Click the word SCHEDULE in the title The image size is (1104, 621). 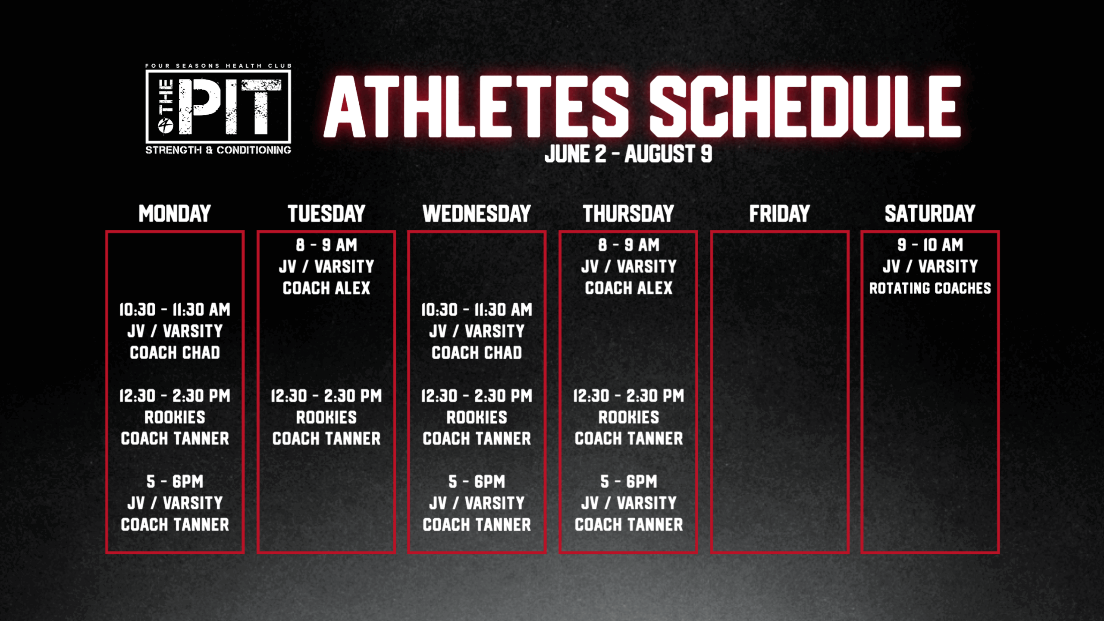805,107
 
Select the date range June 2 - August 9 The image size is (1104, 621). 628,154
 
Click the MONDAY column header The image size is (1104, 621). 175,213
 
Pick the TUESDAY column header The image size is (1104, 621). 326,213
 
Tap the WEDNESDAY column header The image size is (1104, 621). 477,213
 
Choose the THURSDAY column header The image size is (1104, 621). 628,213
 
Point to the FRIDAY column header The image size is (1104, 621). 779,213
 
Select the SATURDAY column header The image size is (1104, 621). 930,213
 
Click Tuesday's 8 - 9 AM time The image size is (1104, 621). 326,245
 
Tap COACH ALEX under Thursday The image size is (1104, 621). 629,288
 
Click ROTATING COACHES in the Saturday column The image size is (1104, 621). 930,288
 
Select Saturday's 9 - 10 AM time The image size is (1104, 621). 930,245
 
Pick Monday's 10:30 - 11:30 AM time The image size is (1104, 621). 175,310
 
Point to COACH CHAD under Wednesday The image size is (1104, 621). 477,353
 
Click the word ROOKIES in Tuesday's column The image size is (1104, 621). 326,417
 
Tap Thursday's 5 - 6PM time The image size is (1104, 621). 629,482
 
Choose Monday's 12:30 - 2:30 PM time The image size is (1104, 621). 175,396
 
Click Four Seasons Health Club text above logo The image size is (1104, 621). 218,66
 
